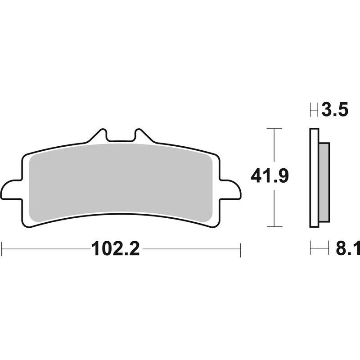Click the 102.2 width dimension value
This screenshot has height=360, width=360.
pyautogui.click(x=116, y=248)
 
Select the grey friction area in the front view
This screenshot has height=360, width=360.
pyautogui.click(x=121, y=180)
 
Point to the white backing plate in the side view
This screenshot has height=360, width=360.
pyautogui.click(x=314, y=177)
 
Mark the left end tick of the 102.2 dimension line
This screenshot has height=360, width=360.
pyautogui.click(x=2, y=249)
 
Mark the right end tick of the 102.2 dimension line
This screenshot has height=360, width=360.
pyautogui.click(x=241, y=249)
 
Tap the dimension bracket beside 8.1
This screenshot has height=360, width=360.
pyautogui.click(x=319, y=248)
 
